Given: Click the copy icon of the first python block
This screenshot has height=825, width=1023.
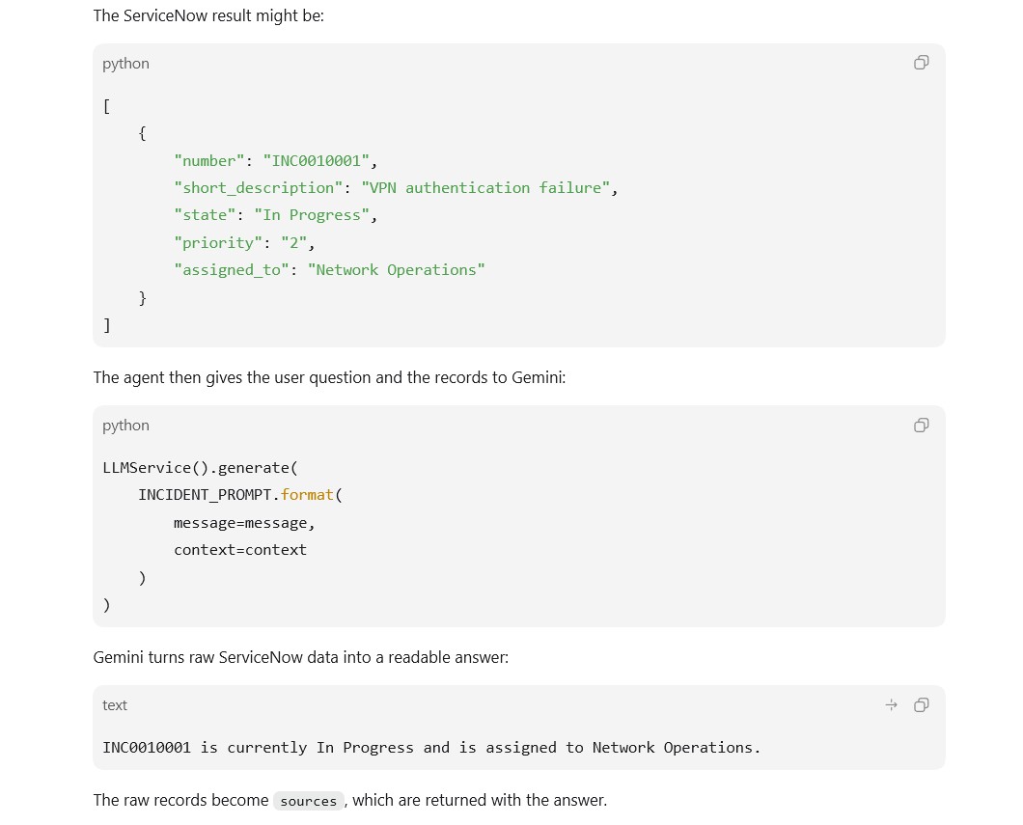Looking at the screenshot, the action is point(922,63).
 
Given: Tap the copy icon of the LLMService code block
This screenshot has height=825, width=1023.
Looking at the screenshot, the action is point(922,426).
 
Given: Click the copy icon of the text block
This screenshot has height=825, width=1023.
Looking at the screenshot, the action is point(922,705).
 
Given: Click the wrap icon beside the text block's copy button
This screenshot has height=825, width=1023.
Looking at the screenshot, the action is point(891,705).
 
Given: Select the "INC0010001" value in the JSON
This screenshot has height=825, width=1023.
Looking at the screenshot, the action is point(317,161).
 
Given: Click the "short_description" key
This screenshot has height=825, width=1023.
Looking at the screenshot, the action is point(259,188).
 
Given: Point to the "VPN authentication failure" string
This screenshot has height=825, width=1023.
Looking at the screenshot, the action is point(485,188).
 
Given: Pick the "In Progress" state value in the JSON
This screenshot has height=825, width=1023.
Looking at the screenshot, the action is point(312,215).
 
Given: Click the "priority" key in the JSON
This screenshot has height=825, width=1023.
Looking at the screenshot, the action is point(218,243).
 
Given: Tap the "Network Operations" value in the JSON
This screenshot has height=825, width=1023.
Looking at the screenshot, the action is point(396,270).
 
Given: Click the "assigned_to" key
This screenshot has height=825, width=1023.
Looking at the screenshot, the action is point(232,270).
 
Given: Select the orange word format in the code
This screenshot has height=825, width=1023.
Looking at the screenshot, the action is point(307,495).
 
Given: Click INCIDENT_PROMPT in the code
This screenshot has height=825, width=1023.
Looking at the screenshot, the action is point(205,495).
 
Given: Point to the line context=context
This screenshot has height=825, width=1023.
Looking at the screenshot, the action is point(240,550).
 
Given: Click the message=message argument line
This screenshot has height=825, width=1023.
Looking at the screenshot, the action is point(245,523).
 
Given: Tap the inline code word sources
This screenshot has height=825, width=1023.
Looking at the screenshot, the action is point(309,801).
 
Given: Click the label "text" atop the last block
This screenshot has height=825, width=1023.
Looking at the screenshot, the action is point(115,705).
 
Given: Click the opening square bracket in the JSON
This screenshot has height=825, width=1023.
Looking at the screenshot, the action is point(106,106).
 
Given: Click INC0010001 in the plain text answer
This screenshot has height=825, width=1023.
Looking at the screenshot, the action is point(147,748).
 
